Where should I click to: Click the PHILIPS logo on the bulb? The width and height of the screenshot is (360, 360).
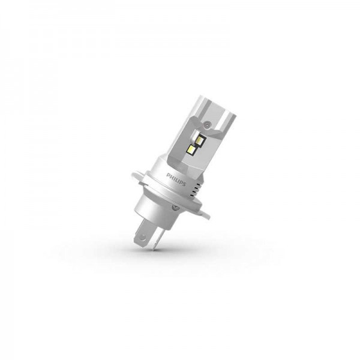(176, 180)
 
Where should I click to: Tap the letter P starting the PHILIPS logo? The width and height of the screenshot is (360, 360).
(168, 175)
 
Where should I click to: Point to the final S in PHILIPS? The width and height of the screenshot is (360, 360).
(184, 184)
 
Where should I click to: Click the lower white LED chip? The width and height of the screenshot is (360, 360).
(191, 149)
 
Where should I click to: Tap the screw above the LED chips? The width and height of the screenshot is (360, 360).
(207, 124)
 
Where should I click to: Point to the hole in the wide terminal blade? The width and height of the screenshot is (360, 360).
(143, 238)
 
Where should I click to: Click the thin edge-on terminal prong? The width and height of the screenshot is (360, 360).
(154, 242)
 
